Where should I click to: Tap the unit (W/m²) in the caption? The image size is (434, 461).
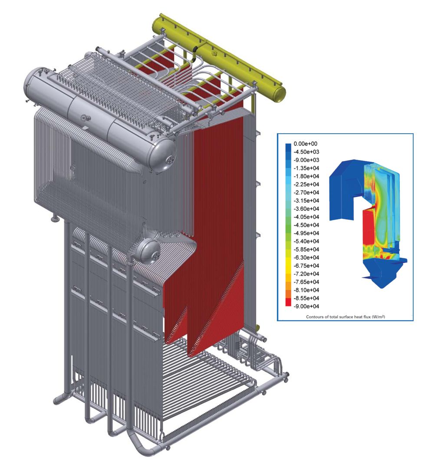tap(378, 317)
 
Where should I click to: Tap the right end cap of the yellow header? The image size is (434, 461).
tap(280, 92)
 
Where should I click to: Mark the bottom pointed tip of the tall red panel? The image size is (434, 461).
tap(190, 354)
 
